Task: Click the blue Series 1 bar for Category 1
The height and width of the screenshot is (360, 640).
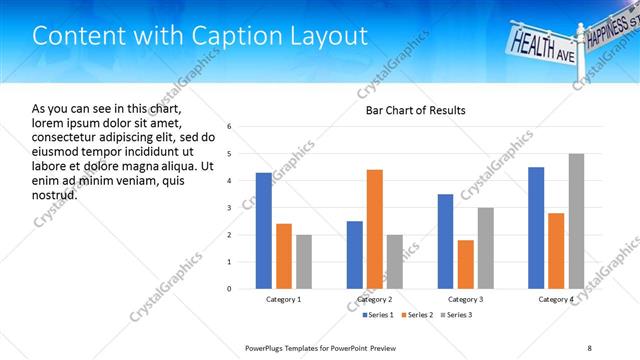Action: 263,231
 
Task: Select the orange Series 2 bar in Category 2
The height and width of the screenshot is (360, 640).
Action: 375,229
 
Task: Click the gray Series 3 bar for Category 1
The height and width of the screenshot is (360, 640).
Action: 303,262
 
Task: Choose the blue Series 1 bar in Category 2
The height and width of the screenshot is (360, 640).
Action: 355,255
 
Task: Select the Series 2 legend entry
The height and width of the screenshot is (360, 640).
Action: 415,315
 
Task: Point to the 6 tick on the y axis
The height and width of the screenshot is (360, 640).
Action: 230,127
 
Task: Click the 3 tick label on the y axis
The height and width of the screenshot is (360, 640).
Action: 230,208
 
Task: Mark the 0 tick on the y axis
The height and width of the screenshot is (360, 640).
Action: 230,289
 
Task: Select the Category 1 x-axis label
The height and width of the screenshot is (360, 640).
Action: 284,299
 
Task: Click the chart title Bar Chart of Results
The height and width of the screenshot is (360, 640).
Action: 410,110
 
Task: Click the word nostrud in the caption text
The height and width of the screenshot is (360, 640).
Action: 54,194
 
